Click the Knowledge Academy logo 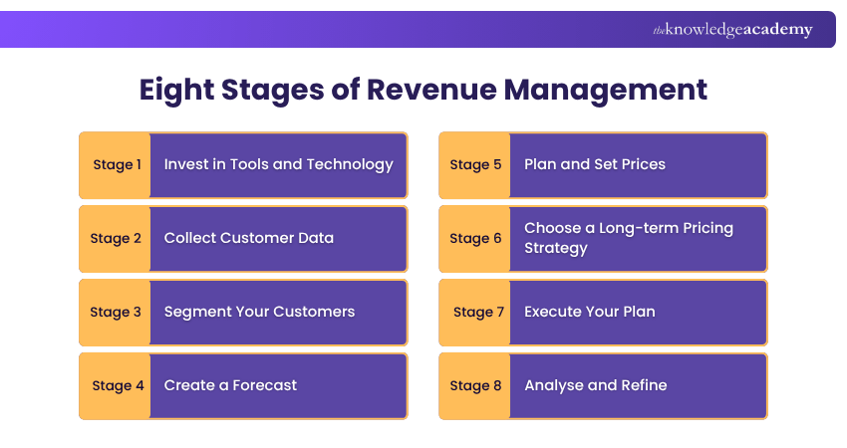(x=732, y=30)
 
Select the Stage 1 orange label (x=116, y=164)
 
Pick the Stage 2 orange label (x=116, y=238)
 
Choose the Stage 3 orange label (x=116, y=312)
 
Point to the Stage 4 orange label (x=116, y=385)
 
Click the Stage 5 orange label (x=475, y=164)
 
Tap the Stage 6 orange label (x=475, y=238)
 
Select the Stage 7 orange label (x=475, y=312)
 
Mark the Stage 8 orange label (x=475, y=385)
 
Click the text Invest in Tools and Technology (x=278, y=164)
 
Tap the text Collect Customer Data (x=248, y=238)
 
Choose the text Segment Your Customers (x=259, y=312)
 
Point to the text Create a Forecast (x=230, y=385)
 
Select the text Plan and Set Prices (x=594, y=164)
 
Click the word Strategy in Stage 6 (x=556, y=248)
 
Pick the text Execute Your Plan (x=589, y=312)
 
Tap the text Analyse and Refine (x=595, y=385)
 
